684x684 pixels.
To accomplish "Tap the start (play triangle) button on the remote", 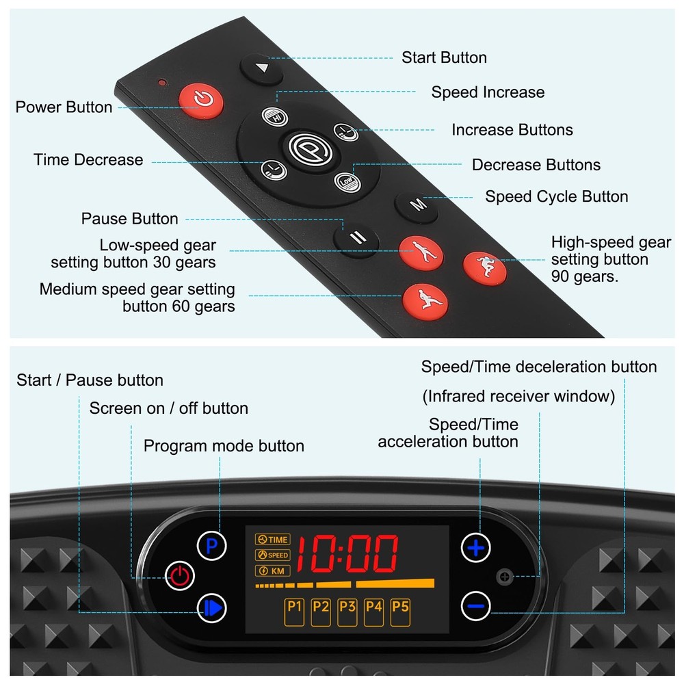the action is [x=261, y=68].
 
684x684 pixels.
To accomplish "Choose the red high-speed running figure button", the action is [x=485, y=268].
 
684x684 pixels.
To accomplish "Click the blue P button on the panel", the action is [x=211, y=546].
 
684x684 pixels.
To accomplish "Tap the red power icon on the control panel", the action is [x=180, y=575].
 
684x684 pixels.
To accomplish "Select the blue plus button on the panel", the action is [x=475, y=547].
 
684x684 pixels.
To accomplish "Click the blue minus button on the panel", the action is [x=475, y=605].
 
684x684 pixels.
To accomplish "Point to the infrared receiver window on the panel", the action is [x=505, y=577].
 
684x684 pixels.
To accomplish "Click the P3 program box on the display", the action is [x=347, y=611].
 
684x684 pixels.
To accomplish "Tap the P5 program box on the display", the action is [x=400, y=611].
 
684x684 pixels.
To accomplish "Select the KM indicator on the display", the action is [x=272, y=570].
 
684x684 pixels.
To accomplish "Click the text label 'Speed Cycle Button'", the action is [x=556, y=197].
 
